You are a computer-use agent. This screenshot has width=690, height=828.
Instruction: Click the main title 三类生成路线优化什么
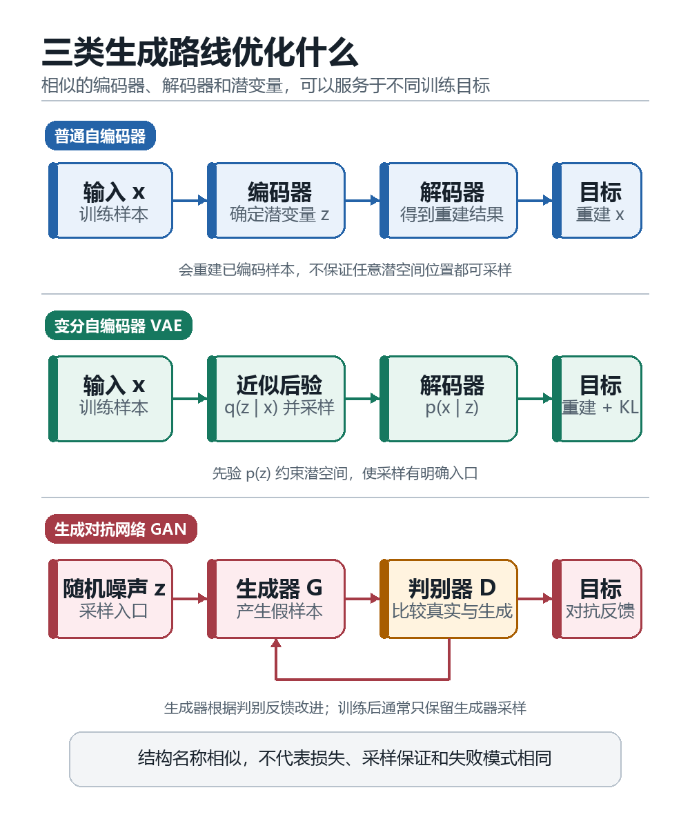(200, 52)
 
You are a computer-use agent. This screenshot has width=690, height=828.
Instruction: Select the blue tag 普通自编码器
(100, 136)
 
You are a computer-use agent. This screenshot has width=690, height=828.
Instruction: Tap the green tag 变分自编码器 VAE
(118, 326)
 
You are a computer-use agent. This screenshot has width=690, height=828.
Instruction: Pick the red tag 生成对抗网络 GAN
(121, 529)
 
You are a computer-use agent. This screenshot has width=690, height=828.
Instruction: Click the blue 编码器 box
(276, 200)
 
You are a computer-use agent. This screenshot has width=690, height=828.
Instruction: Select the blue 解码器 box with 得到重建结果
(448, 200)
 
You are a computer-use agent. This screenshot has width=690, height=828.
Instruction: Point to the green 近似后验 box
(276, 399)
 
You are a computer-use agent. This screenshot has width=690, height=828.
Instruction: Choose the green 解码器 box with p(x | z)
(448, 399)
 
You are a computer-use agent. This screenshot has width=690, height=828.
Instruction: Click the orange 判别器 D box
(448, 599)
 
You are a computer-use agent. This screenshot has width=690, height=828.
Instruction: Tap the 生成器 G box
(276, 599)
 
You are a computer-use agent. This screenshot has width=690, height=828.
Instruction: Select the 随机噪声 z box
(110, 599)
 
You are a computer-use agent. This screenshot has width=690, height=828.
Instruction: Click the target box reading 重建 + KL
(597, 399)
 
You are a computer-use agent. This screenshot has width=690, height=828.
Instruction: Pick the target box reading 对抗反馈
(597, 599)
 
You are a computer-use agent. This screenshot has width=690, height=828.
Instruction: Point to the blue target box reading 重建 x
(597, 200)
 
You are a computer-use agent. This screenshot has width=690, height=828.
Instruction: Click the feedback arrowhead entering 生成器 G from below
(276, 643)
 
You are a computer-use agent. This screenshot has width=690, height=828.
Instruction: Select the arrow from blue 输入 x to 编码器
(190, 200)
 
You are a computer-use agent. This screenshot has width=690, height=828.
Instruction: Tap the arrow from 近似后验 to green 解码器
(362, 399)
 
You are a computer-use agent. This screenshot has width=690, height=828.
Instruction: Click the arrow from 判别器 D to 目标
(535, 599)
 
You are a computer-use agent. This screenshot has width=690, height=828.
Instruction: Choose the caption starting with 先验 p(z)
(345, 473)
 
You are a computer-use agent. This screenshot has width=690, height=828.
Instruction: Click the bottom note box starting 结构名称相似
(345, 759)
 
